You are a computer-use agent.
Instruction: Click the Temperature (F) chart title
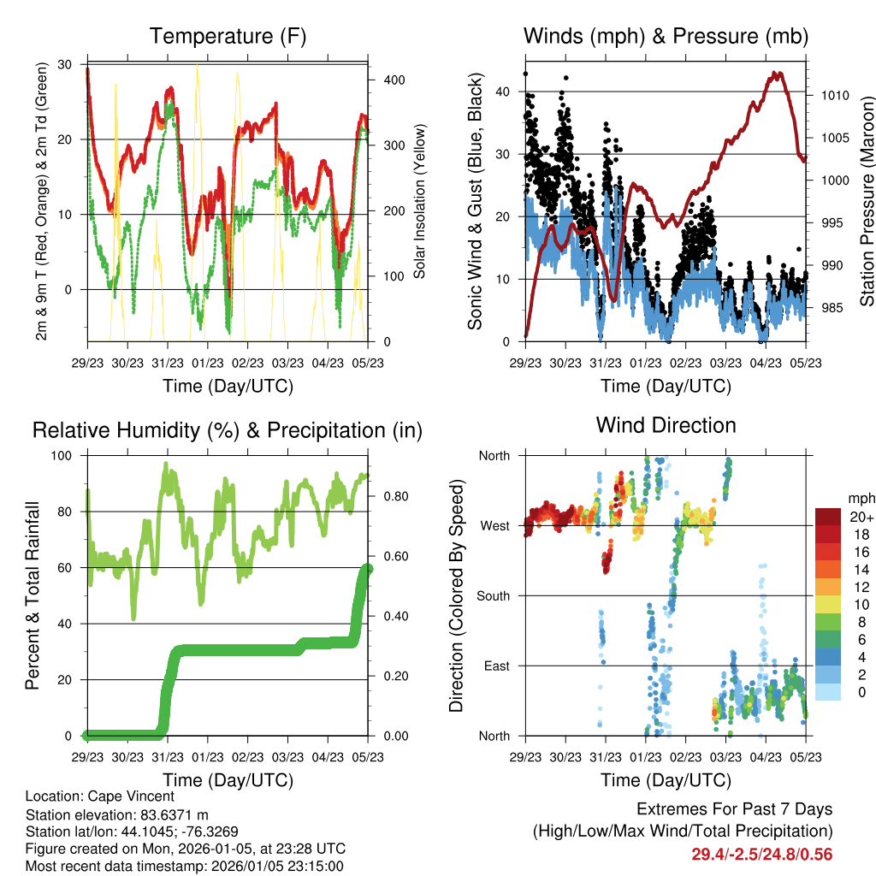[228, 37]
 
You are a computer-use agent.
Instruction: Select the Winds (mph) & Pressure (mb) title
[666, 37]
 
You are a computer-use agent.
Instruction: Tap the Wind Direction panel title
[666, 425]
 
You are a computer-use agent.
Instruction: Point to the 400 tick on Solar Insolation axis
[385, 80]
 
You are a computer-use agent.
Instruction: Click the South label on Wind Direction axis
[494, 595]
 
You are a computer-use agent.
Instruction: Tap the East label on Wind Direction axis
[498, 666]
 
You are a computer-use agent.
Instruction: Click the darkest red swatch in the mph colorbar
[827, 517]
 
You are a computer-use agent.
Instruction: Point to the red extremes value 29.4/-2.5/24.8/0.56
[761, 854]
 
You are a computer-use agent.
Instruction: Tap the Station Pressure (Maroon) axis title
[867, 201]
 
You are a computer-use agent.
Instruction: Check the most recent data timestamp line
[184, 866]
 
